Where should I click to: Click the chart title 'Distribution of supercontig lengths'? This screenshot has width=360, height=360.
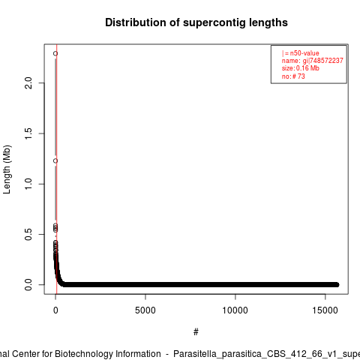point(196,22)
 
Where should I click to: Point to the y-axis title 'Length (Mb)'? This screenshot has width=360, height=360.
point(7,169)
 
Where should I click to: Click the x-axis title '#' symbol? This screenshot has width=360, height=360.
point(196,332)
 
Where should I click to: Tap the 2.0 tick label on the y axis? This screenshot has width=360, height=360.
point(28,83)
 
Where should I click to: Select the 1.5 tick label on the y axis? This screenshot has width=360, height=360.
point(28,133)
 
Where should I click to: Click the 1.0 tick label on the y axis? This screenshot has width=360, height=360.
point(28,184)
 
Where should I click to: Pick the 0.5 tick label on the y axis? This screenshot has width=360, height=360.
point(28,234)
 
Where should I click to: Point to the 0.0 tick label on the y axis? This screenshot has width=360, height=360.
point(28,285)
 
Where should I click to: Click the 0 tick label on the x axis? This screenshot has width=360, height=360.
point(55,310)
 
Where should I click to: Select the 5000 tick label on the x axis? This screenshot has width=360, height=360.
point(145,310)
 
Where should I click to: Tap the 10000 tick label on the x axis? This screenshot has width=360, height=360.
point(235,310)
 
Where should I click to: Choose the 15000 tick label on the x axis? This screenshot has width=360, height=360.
point(325,310)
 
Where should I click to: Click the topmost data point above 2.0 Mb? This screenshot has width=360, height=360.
point(55,53)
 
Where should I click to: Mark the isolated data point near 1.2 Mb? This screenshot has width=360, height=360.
point(55,160)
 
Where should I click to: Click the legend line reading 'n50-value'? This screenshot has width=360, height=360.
point(301,53)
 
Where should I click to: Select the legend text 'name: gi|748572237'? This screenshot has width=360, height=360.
point(313,61)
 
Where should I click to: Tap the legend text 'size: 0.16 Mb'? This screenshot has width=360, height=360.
point(301,68)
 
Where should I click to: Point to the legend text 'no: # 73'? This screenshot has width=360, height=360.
point(293,76)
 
